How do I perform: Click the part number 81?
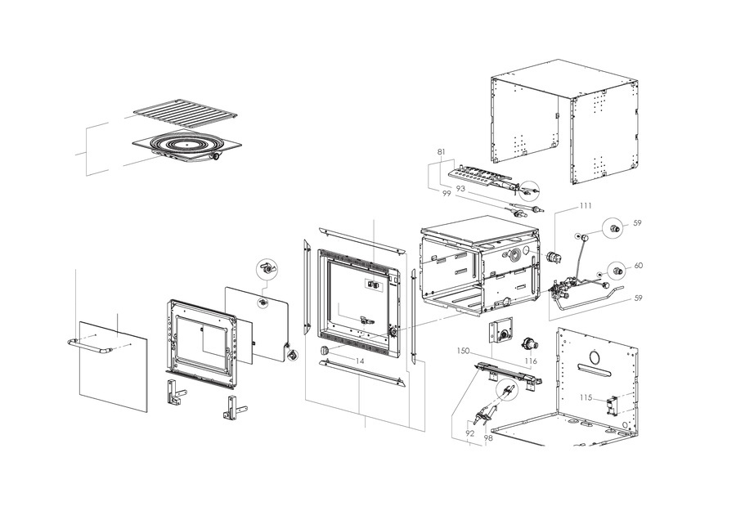442,153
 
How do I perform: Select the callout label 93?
460,189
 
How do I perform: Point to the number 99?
447,194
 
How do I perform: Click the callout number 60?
638,266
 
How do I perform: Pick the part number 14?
359,360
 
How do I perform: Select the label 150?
463,351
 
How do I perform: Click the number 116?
531,360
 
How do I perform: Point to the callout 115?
586,398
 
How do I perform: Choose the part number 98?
488,438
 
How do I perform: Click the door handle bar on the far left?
88,347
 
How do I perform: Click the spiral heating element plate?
186,147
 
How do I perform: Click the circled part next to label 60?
617,269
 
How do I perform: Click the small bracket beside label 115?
609,405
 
